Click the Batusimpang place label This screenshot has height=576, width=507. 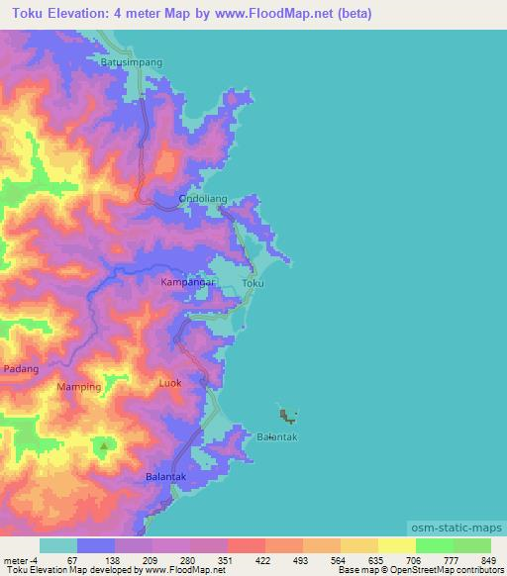(131, 61)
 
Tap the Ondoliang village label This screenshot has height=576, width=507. (203, 199)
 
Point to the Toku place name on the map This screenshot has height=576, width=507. (253, 284)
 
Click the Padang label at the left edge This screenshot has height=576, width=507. (21, 369)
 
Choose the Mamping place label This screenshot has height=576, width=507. (79, 387)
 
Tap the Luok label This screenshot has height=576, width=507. (170, 382)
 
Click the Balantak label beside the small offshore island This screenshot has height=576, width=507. (277, 436)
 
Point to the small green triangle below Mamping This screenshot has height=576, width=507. (103, 446)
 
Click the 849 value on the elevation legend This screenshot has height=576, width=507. (489, 559)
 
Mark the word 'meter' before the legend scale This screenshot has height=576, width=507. (17, 559)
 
